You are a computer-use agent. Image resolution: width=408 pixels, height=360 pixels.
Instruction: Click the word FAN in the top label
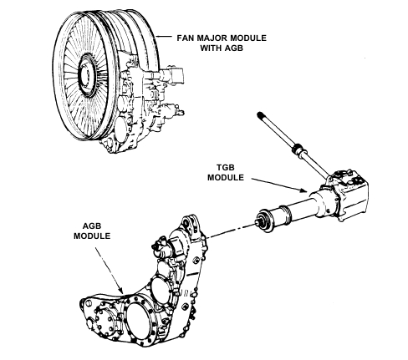tap(184, 38)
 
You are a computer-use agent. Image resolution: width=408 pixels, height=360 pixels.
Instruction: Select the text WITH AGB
tap(222, 48)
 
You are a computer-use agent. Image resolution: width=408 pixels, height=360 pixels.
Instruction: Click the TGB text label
tap(226, 168)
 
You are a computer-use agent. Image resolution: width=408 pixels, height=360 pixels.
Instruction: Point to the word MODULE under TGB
tap(226, 177)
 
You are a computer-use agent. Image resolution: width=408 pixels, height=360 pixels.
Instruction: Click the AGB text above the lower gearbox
tap(92, 226)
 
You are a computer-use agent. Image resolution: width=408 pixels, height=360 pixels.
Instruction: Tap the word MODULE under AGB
tap(92, 236)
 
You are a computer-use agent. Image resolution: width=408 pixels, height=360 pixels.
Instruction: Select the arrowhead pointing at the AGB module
tap(121, 290)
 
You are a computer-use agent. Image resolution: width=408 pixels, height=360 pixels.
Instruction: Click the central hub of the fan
tap(86, 75)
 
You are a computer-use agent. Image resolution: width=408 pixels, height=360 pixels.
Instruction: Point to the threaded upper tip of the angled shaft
tap(261, 114)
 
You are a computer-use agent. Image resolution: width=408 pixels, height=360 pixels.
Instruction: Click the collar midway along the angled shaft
tap(298, 150)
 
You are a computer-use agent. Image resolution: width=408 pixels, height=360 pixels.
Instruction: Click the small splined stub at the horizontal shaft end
tap(259, 221)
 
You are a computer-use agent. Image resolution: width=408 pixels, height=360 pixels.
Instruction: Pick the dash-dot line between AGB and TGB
tap(231, 231)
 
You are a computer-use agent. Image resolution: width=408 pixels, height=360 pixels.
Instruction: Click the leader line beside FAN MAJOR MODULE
tap(164, 37)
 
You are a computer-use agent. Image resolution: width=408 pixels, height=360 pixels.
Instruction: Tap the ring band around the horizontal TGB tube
tap(286, 214)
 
